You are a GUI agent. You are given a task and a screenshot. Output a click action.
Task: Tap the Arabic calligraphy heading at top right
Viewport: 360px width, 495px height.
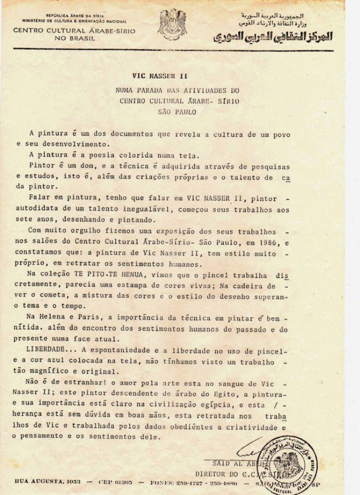(280, 38)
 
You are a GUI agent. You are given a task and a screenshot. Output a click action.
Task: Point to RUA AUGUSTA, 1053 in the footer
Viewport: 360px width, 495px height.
(44, 483)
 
